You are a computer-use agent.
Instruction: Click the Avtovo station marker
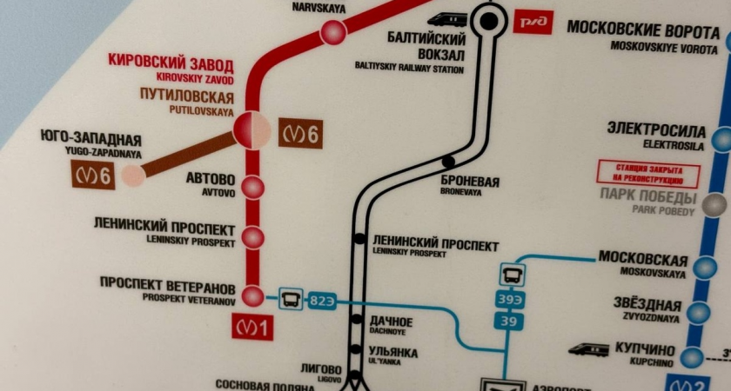tap(252, 187)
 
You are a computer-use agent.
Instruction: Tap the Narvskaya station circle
tap(332, 33)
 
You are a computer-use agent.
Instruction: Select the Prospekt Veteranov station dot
tap(252, 297)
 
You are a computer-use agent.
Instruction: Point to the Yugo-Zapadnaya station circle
tap(132, 176)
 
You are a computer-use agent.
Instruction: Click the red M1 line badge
tap(253, 328)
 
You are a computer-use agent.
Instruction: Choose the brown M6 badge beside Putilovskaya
tap(300, 135)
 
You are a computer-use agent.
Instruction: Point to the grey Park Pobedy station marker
tap(714, 205)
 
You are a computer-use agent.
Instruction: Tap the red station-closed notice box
tap(637, 174)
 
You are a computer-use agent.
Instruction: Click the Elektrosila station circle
tap(721, 139)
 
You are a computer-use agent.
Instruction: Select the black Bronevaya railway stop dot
tap(448, 162)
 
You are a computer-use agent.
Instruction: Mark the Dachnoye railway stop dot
tap(357, 320)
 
